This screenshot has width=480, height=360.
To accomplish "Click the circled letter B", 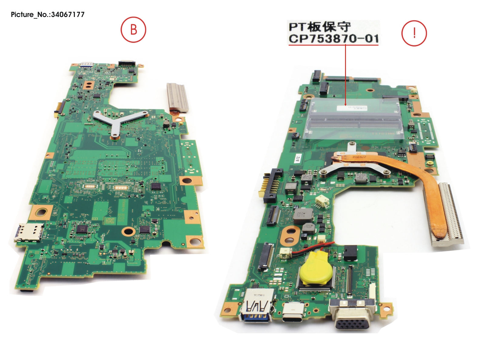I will click(x=133, y=30).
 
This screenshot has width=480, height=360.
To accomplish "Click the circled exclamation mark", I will click(x=414, y=33).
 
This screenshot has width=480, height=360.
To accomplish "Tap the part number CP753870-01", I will click(x=333, y=39).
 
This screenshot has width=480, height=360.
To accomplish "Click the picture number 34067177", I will click(x=69, y=14).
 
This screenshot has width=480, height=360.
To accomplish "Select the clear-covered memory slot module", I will click(x=353, y=120).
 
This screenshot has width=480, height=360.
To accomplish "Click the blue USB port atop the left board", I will click(x=86, y=64).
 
